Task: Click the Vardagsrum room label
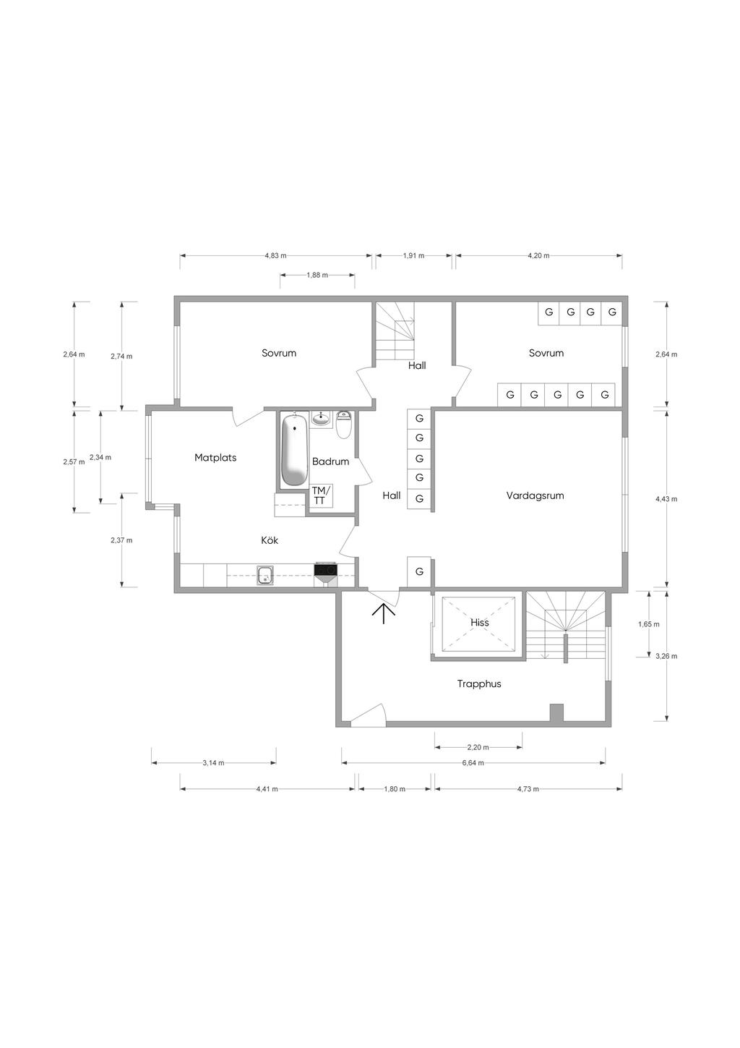535,495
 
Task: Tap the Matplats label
215,458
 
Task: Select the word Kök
270,540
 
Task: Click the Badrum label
330,461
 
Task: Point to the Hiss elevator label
480,622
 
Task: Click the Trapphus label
479,683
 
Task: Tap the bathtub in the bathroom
295,449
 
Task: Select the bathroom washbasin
321,418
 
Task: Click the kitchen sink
265,575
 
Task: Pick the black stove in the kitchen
325,569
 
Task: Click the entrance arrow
383,613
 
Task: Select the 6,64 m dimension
473,762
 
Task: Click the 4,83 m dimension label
276,255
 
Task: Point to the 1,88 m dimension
317,275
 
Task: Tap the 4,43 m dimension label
666,499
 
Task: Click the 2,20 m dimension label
478,747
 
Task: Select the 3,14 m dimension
213,763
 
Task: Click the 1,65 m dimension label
649,624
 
